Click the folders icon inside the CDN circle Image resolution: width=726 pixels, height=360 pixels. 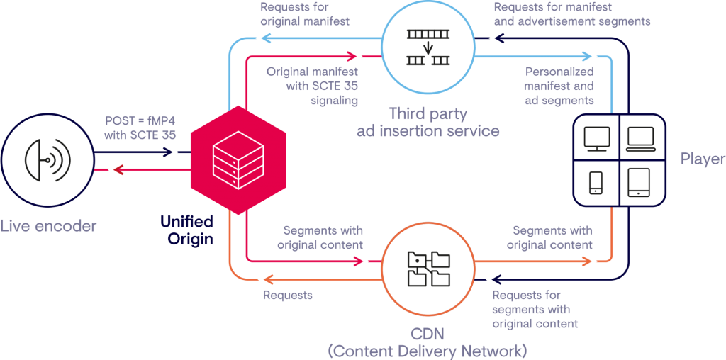coord(428,269)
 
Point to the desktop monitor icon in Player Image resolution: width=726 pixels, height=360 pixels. coord(596,140)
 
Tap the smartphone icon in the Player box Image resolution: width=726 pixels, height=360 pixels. coord(596,183)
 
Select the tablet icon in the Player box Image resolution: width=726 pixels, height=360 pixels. coord(640,183)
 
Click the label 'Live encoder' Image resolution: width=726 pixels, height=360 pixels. coord(48,227)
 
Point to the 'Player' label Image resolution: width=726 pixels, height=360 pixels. coord(702,159)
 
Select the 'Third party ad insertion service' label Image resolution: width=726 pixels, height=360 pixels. coord(428,122)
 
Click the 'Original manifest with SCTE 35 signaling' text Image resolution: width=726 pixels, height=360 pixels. coord(312,86)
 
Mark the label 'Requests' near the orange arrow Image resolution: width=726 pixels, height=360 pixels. coord(287,295)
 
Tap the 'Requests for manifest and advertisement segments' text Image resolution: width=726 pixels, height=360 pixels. coord(571,14)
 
